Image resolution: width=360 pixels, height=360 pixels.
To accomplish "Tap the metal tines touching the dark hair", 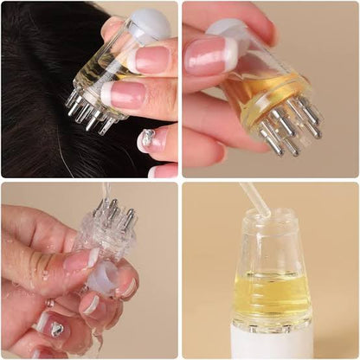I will [x=87, y=112].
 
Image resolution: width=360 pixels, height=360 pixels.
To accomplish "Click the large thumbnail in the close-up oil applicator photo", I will [x=208, y=55].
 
